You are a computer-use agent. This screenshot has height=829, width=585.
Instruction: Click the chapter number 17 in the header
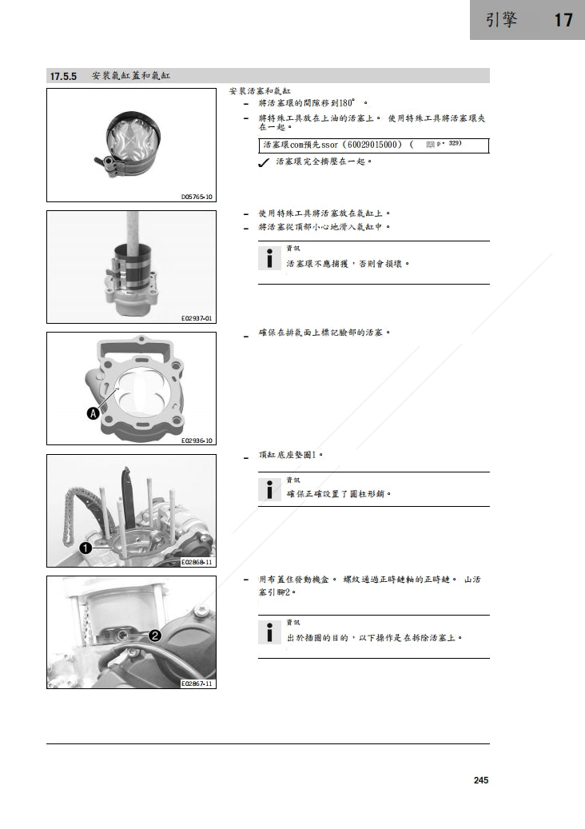pos(563,20)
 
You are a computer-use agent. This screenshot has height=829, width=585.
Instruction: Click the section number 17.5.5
pos(63,77)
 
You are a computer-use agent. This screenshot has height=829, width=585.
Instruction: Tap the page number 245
pos(480,780)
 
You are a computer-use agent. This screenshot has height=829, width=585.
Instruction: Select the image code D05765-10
pos(197,196)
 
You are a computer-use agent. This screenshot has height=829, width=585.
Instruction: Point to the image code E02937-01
pos(197,318)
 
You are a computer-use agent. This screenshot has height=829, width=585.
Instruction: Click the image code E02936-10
pos(197,440)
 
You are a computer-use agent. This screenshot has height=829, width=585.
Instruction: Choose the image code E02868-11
pos(197,562)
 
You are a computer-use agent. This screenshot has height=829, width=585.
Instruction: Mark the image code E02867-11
pos(197,684)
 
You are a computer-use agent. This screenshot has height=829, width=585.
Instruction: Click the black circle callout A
pos(93,413)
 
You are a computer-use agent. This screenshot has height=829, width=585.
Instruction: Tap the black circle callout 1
pos(84,548)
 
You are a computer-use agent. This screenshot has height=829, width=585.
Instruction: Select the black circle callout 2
pos(154,636)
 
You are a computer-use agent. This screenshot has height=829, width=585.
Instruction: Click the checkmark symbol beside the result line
pos(263,163)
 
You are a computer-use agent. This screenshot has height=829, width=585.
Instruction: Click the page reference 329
pos(455,144)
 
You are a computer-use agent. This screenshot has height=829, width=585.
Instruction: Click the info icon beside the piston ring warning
pos(270,259)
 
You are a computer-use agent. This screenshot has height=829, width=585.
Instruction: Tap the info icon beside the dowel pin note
pos(270,490)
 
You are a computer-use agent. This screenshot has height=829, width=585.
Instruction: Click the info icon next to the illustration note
pos(270,633)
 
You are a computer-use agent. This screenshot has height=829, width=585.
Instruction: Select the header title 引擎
pos(501,20)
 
